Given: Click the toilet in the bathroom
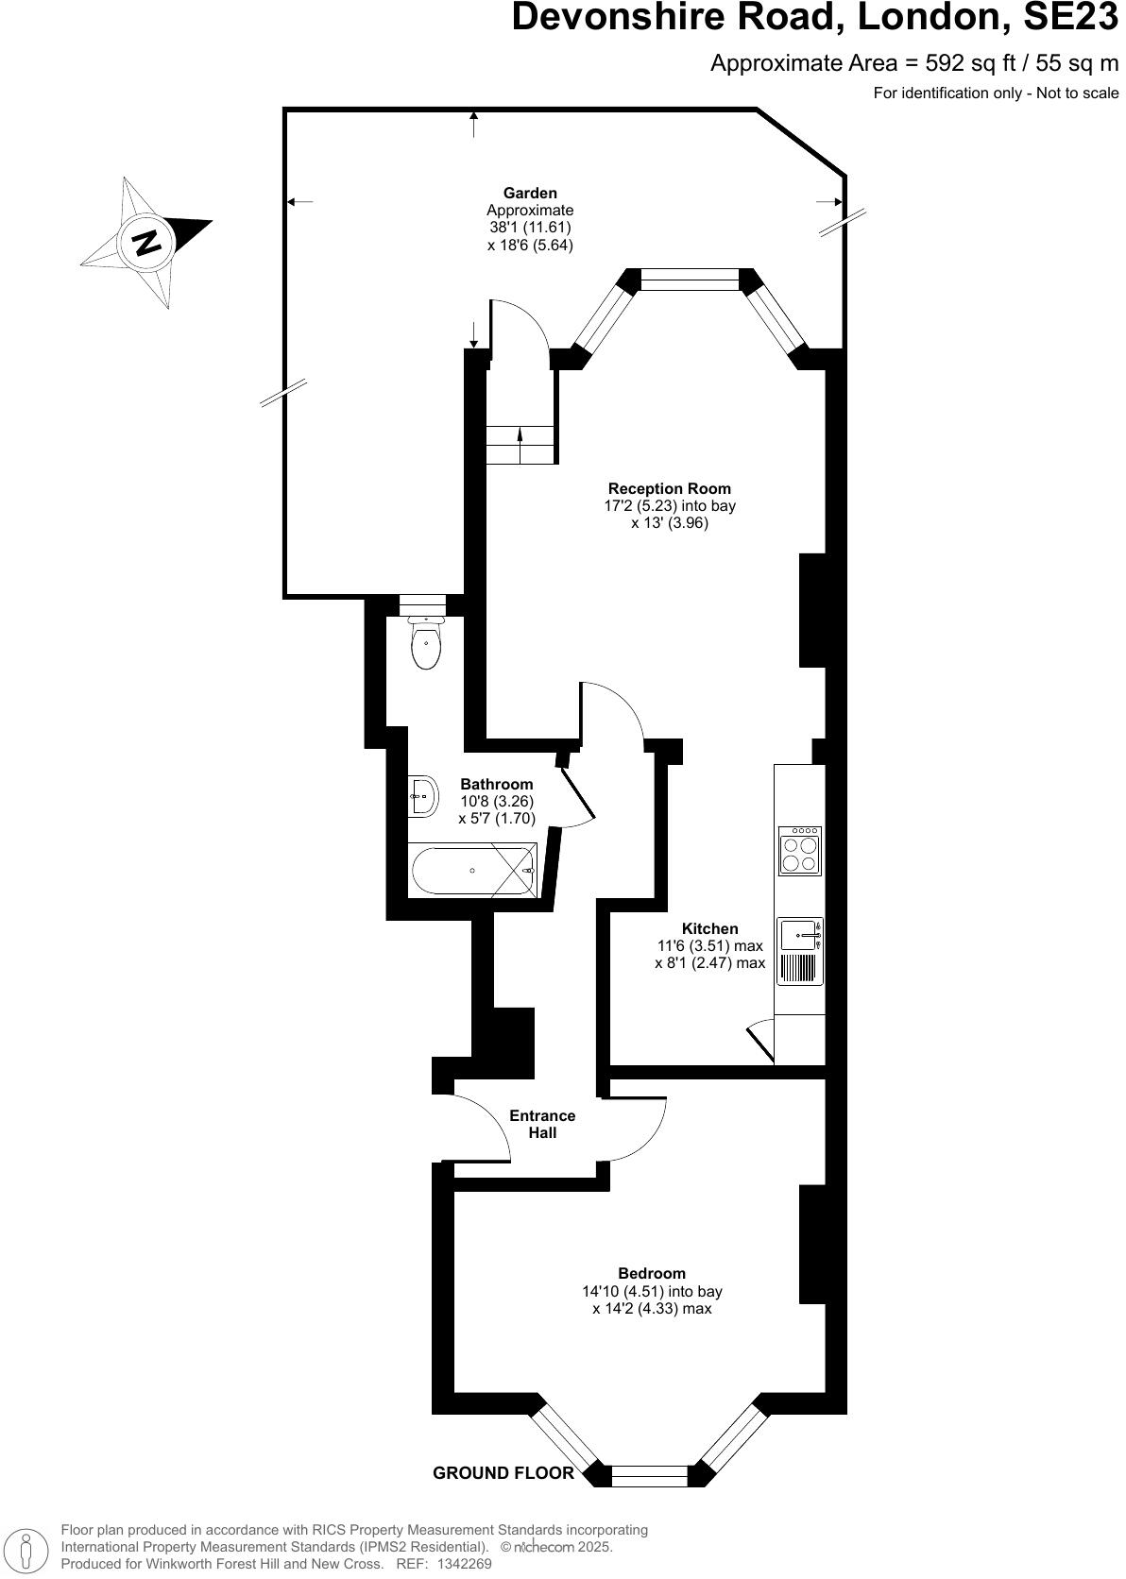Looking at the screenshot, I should coord(426,644).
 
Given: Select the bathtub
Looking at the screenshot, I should coord(472,871).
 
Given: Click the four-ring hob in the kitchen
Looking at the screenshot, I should coord(799,851).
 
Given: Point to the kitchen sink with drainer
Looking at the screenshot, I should coord(799,952).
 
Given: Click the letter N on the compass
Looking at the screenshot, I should coord(146,242).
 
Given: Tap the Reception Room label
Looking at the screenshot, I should coord(669,488).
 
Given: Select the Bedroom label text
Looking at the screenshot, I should coord(652,1273).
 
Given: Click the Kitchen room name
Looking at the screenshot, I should coord(710,928).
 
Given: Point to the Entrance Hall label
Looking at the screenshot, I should coord(542,1124).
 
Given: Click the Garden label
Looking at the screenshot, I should coord(530,194).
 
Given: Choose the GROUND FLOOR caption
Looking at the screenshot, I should coord(503,1472).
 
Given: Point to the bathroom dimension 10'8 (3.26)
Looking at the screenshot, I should coord(497,801).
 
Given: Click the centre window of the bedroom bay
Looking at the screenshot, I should coord(650,1476).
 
